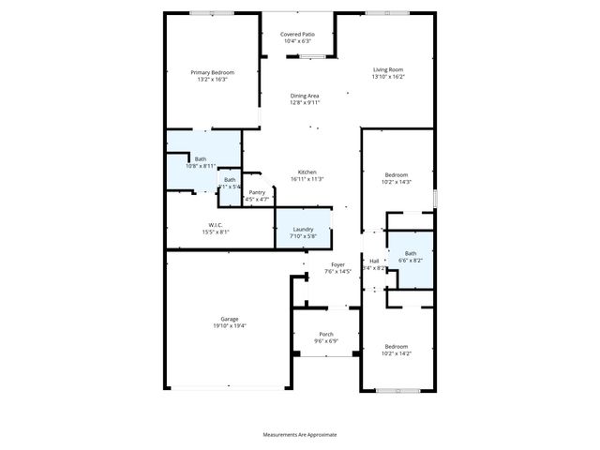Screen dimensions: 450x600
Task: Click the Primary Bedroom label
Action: click(212, 72)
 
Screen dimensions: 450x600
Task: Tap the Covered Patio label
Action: click(297, 34)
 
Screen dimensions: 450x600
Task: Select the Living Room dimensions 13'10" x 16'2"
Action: click(387, 77)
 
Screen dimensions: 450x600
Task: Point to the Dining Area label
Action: click(305, 95)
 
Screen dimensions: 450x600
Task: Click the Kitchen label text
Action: click(307, 172)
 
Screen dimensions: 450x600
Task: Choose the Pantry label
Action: click(256, 191)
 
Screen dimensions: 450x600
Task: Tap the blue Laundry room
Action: click(303, 230)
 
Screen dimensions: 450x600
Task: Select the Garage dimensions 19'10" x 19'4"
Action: click(230, 325)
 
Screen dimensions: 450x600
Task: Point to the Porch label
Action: click(326, 334)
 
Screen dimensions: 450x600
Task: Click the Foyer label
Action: click(337, 264)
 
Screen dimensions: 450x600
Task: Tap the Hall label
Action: click(374, 261)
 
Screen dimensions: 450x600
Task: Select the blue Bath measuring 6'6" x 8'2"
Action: click(411, 257)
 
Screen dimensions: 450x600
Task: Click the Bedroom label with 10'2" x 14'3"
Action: click(397, 174)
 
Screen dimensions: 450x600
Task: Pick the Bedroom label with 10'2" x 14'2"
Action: click(397, 346)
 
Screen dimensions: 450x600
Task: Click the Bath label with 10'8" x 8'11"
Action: click(201, 159)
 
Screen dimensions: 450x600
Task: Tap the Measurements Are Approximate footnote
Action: click(299, 434)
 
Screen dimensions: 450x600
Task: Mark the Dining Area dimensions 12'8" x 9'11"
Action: click(305, 102)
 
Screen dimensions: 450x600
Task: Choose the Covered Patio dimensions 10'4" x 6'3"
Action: click(297, 41)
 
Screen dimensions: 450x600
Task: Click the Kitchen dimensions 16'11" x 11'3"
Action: click(307, 179)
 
